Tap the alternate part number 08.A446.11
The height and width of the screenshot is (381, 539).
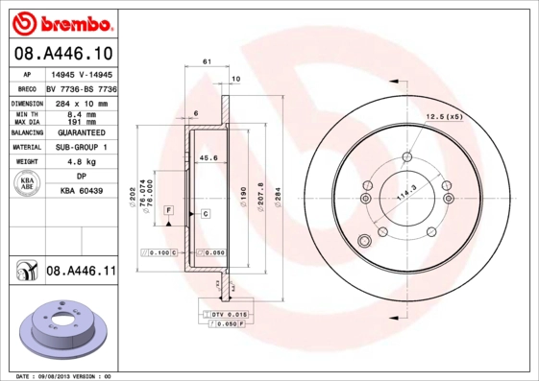coord(81,273)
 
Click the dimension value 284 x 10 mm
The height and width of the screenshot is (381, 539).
coord(83,102)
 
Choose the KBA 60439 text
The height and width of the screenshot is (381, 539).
coord(83,192)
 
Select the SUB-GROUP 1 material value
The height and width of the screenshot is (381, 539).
coord(83,147)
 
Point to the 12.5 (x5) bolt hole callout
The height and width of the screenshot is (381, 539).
coord(444,116)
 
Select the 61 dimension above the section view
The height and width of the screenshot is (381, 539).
coord(207,61)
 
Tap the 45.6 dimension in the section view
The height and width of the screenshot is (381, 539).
coord(208,158)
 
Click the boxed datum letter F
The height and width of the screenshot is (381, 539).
coord(168,209)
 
